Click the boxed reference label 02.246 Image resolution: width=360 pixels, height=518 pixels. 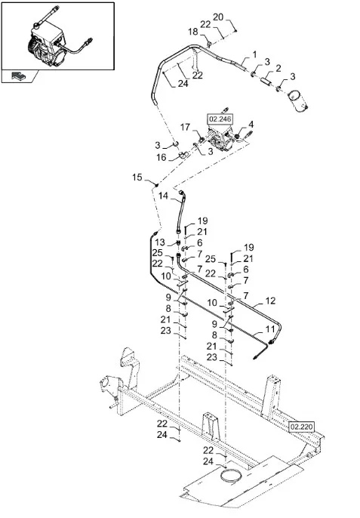pyautogui.click(x=220, y=119)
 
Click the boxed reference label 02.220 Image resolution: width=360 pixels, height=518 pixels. pyautogui.click(x=302, y=427)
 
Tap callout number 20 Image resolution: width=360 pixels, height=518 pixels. pyautogui.click(x=218, y=17)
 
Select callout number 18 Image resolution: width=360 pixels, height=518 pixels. pyautogui.click(x=193, y=32)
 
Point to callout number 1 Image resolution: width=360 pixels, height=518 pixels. pyautogui.click(x=254, y=54)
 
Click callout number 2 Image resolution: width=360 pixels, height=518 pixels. pyautogui.click(x=278, y=68)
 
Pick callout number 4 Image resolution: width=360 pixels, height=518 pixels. pyautogui.click(x=251, y=125)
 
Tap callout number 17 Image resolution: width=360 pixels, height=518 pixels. pyautogui.click(x=186, y=127)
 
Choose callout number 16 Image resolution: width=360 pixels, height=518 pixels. pyautogui.click(x=162, y=157)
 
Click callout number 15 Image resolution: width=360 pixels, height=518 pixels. pyautogui.click(x=137, y=177)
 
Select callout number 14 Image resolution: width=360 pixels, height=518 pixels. pyautogui.click(x=163, y=196)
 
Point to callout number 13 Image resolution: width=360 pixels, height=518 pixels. pyautogui.click(x=160, y=242)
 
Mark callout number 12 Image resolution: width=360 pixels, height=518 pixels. pyautogui.click(x=270, y=301)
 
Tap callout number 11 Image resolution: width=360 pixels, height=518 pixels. pyautogui.click(x=270, y=329)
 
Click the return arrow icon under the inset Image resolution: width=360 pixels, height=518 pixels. pyautogui.click(x=17, y=76)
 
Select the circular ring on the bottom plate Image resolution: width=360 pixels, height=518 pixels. pyautogui.click(x=230, y=476)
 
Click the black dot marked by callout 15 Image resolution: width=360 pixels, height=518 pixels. pyautogui.click(x=157, y=185)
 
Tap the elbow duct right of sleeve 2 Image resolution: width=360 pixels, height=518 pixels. pyautogui.click(x=298, y=100)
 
